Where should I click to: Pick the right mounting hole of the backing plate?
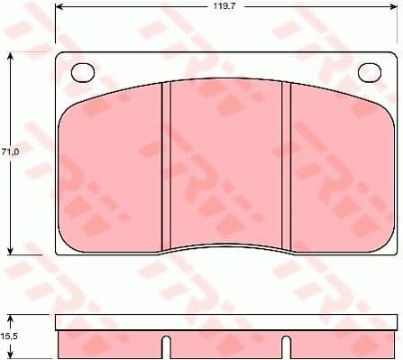pos(370,72)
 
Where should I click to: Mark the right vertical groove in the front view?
pos(286,167)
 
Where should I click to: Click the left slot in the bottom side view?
pos(167,347)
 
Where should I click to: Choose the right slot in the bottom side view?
pos(286,347)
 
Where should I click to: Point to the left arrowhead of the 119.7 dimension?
pos(60,15)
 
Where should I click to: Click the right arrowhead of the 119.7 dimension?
pos(393,15)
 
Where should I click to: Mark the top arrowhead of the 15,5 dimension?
pos(11,317)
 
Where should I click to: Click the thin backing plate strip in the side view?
pos(225,321)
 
